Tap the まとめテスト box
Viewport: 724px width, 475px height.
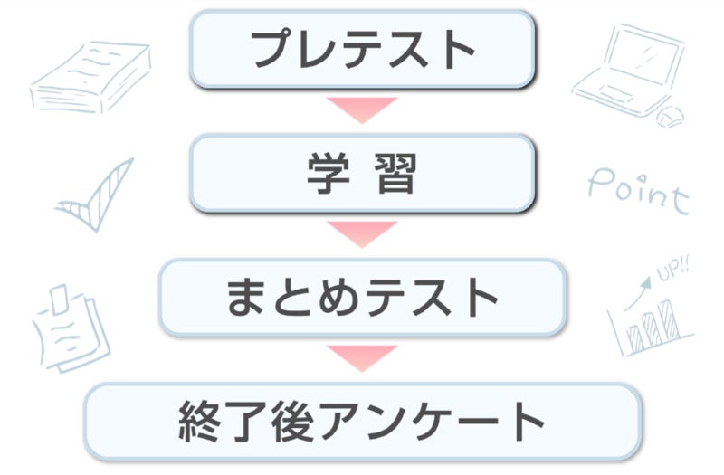362,297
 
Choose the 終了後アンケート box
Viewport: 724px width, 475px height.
362,421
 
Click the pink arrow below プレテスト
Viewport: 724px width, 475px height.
362,108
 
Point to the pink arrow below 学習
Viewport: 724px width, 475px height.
362,233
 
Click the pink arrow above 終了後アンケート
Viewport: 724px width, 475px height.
362,356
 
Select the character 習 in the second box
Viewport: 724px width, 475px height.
395,173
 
